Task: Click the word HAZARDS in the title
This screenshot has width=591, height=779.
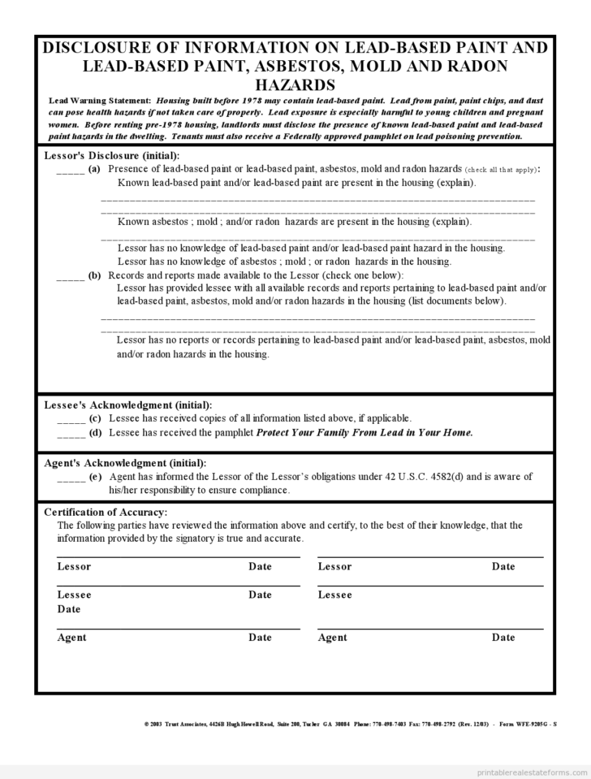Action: coord(295,85)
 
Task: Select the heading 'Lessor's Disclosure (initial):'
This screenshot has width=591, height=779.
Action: coord(111,155)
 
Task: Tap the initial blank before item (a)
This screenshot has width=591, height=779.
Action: coord(71,169)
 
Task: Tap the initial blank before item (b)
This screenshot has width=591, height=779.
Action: coord(71,275)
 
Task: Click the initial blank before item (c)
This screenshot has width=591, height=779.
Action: coord(71,419)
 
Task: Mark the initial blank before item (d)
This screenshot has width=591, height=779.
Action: coord(71,433)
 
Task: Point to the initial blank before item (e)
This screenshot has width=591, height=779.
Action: coord(71,477)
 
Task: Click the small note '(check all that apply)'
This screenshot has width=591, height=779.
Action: coord(502,169)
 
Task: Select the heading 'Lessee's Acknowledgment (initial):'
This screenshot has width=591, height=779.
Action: coord(127,405)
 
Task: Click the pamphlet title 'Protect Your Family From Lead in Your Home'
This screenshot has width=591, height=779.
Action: coord(364,432)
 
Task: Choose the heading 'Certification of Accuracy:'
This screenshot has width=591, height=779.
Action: coord(106,512)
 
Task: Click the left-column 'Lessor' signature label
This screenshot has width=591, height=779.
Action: coord(74,566)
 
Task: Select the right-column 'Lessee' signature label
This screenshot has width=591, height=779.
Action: coord(335,595)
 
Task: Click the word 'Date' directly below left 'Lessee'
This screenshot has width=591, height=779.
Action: coord(69,609)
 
